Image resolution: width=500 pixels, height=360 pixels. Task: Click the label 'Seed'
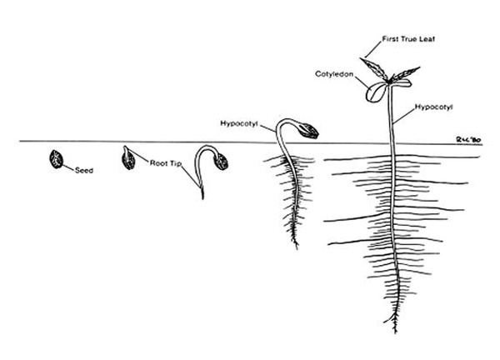(84, 170)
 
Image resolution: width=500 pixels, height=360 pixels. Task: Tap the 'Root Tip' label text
(166, 163)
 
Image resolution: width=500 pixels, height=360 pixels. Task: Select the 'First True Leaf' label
(408, 39)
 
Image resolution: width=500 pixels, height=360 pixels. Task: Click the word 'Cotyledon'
(334, 74)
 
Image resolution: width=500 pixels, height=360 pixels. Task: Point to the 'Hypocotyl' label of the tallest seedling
(433, 107)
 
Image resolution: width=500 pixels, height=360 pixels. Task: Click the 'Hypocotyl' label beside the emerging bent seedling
(239, 123)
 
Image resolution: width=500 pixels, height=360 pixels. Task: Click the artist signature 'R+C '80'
(468, 140)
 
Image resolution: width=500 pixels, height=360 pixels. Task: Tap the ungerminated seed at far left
(56, 159)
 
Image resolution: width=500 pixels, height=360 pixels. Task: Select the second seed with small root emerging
(128, 157)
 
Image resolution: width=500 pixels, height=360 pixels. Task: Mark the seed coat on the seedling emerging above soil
(308, 131)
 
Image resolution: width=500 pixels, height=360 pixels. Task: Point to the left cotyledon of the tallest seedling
(375, 92)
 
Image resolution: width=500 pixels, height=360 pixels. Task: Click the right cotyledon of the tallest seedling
(401, 83)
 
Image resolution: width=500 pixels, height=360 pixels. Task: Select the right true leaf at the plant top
(406, 73)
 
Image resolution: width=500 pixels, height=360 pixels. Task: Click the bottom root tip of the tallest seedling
(396, 332)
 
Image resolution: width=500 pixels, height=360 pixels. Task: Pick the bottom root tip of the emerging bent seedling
(297, 247)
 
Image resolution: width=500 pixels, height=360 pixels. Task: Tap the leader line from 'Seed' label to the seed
(68, 167)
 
